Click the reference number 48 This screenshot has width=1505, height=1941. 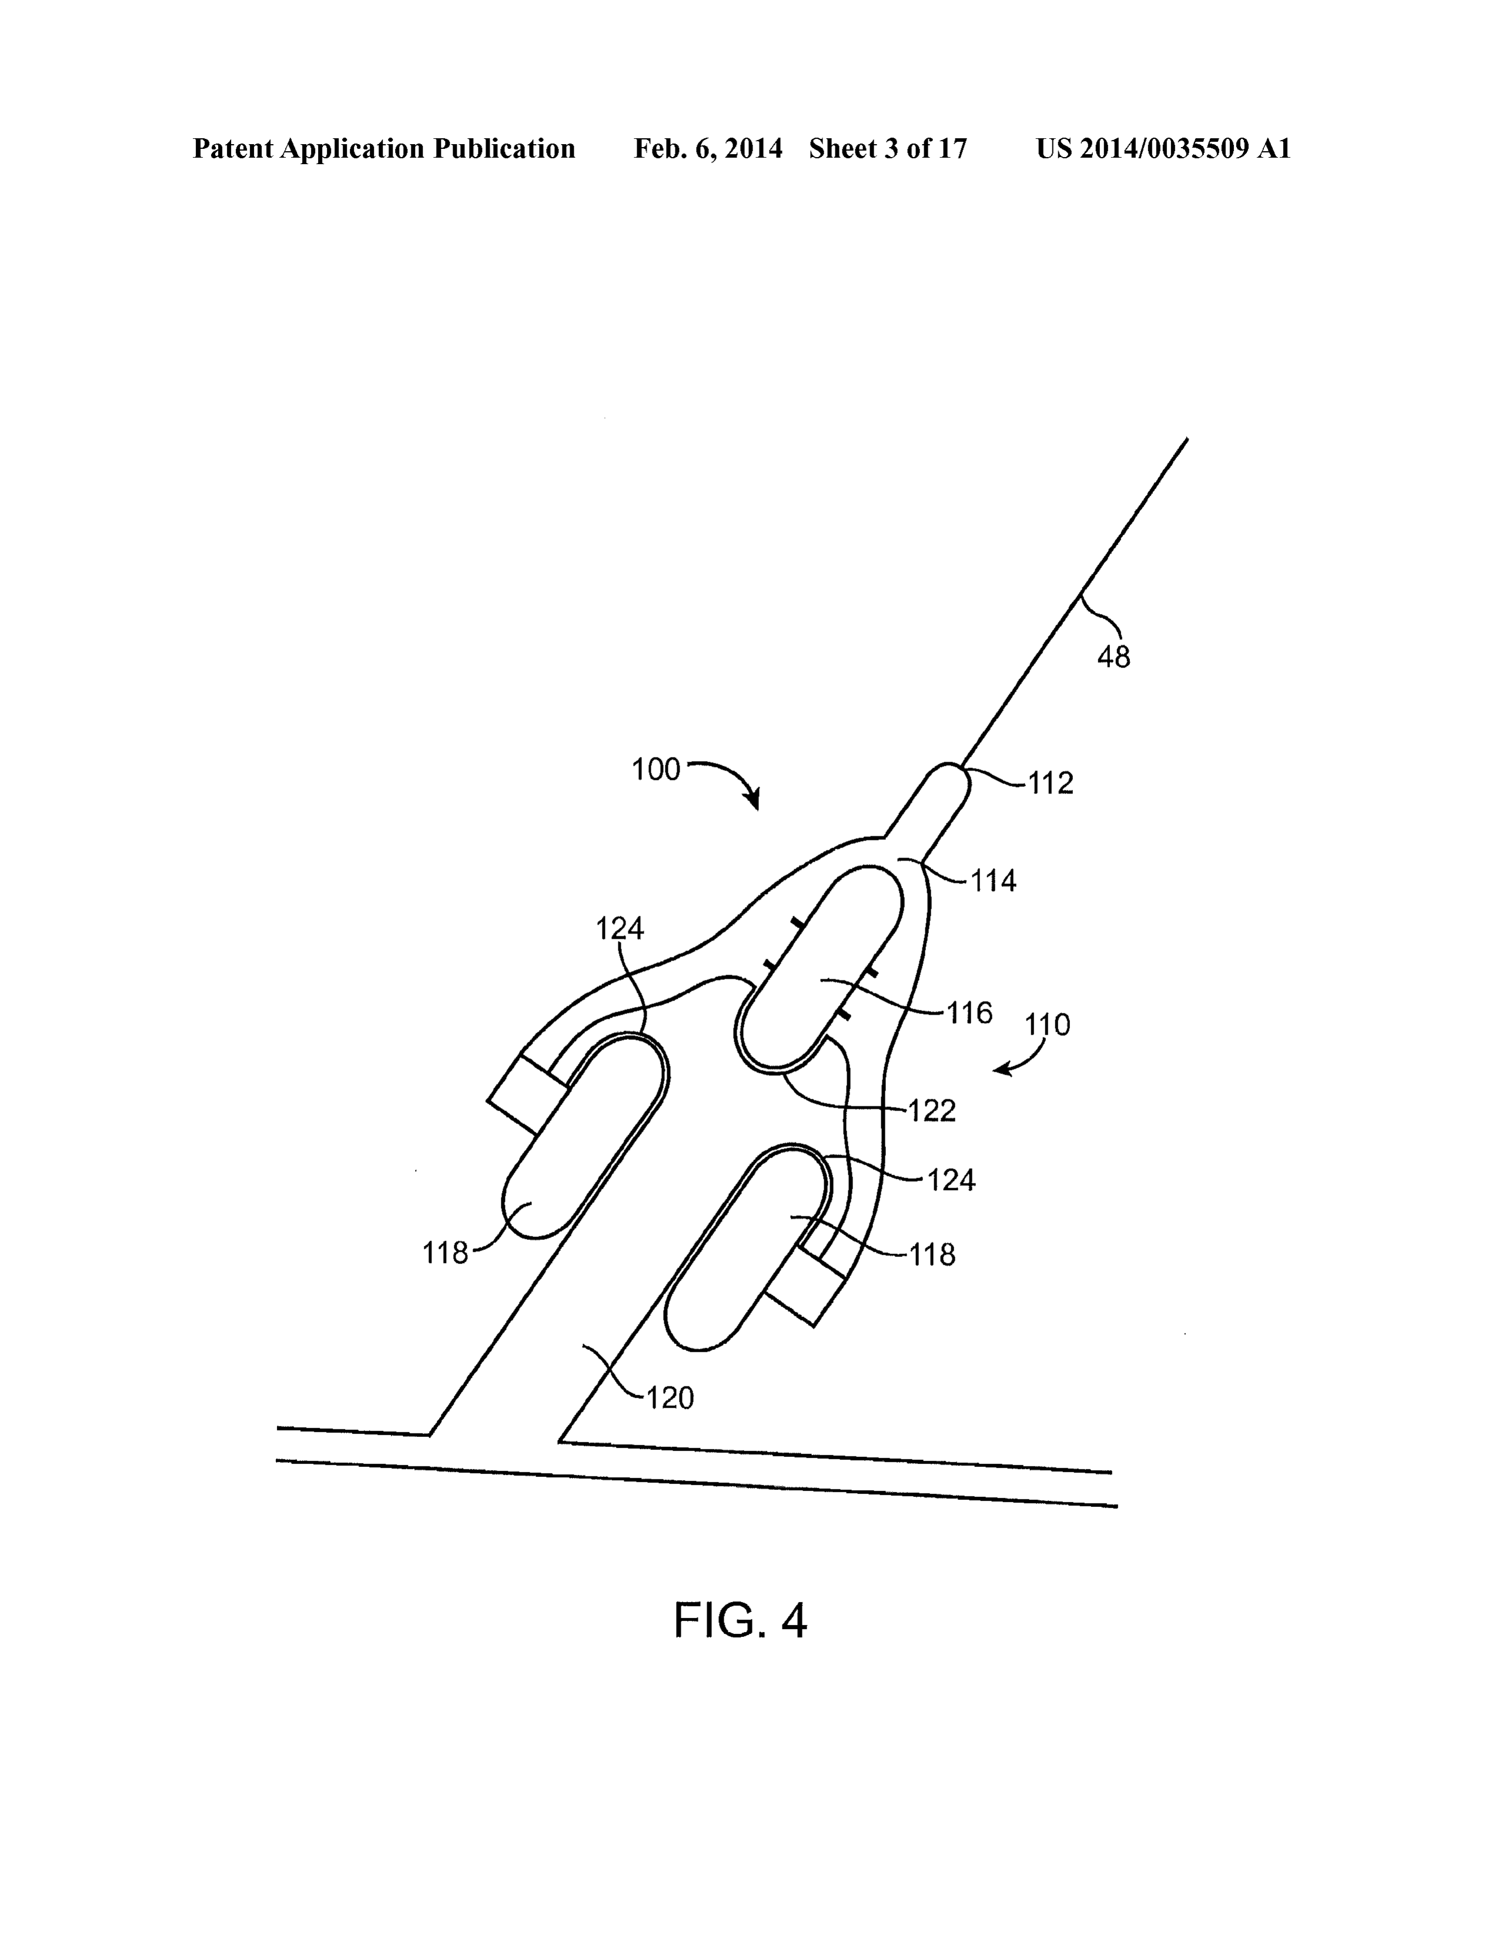pos(1113,657)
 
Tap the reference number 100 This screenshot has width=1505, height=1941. pos(655,770)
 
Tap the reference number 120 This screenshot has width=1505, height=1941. pos(669,1399)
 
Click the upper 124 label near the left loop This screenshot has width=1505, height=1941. pos(619,929)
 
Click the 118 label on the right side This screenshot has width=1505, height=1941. pos(932,1255)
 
